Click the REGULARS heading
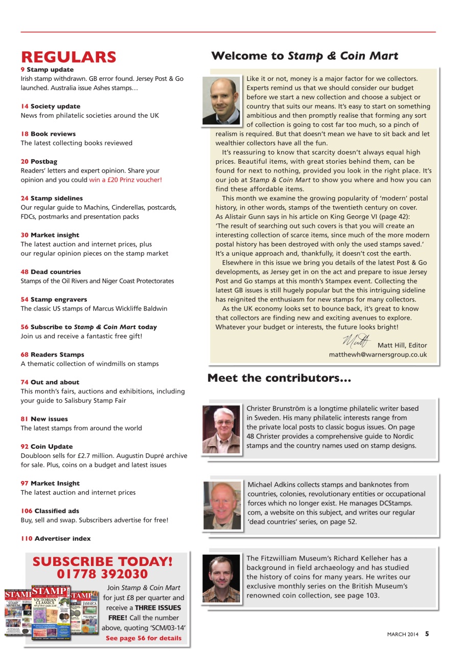[x=68, y=57]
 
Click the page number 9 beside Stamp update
[x=22, y=70]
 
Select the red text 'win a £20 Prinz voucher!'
[x=125, y=180]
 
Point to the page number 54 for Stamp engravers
[x=25, y=299]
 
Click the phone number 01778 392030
[x=103, y=574]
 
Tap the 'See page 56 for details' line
[x=144, y=638]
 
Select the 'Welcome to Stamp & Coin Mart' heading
[x=304, y=56]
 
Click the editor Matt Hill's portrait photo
[x=221, y=100]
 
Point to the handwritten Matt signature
[x=356, y=339]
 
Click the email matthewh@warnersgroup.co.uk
[x=378, y=355]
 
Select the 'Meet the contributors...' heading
[x=279, y=379]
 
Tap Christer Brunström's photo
[x=221, y=429]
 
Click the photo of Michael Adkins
[x=222, y=505]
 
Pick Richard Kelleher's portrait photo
[x=221, y=578]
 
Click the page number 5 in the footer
[x=427, y=634]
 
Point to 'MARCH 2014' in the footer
[x=402, y=635]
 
